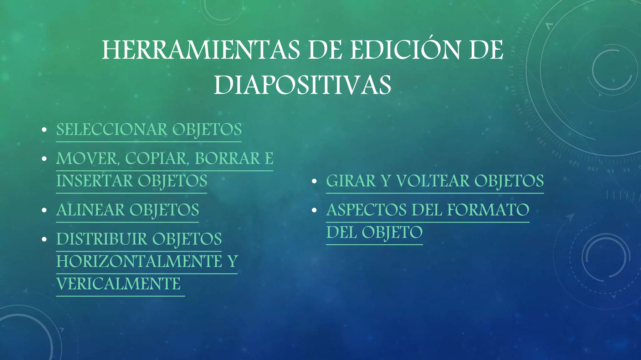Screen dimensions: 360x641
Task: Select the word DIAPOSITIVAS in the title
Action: click(x=302, y=85)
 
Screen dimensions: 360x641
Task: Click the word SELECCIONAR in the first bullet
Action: click(x=112, y=130)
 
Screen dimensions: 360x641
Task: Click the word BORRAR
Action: click(x=228, y=159)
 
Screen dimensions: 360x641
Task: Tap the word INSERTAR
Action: click(x=95, y=181)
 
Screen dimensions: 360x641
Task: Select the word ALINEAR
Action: click(x=90, y=210)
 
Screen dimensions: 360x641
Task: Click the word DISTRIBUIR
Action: click(x=102, y=239)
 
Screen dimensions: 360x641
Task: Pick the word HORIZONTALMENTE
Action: click(x=139, y=262)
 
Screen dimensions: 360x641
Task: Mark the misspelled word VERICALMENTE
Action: click(x=119, y=284)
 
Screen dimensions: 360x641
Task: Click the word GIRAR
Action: click(x=351, y=181)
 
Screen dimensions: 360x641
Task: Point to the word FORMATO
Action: click(x=488, y=210)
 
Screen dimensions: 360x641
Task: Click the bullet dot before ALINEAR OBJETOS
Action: click(x=44, y=210)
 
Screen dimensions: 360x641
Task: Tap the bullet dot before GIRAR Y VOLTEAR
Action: click(x=315, y=182)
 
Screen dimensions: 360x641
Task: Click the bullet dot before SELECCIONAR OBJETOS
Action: click(x=44, y=130)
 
